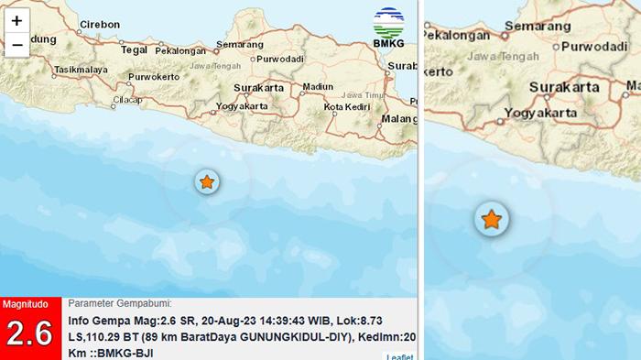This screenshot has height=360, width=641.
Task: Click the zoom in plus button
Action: [16, 20]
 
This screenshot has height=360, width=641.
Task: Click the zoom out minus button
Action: [16, 43]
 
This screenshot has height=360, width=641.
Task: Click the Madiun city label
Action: [318, 86]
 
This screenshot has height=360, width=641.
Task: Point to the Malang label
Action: [399, 118]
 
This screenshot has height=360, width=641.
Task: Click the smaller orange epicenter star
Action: [208, 181]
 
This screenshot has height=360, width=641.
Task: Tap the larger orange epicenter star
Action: [492, 219]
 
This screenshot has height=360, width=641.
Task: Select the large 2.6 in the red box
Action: [30, 334]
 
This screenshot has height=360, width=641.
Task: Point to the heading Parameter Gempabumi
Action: [119, 303]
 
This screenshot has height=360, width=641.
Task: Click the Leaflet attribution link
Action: [399, 355]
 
